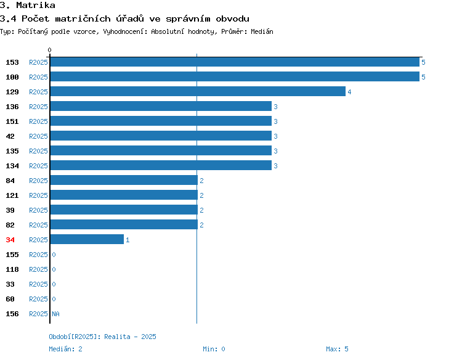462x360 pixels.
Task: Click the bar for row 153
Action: (235, 62)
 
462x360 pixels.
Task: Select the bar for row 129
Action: (198, 91)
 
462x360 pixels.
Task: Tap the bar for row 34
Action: (87, 239)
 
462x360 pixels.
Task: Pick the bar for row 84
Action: (124, 180)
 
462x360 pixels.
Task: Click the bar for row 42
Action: (161, 136)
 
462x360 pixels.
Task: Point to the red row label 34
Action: (10, 240)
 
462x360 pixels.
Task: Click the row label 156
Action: (12, 314)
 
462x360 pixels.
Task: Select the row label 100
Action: (12, 77)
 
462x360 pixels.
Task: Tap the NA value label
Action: (55, 314)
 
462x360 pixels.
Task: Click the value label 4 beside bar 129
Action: (349, 92)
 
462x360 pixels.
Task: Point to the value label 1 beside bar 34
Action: (128, 240)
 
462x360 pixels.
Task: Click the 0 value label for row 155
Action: (54, 255)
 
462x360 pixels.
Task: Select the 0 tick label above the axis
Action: (49, 50)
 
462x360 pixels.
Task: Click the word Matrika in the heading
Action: (36, 6)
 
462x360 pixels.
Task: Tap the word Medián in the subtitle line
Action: (262, 31)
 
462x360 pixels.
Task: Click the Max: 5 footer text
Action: (337, 349)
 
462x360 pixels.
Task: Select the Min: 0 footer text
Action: (214, 349)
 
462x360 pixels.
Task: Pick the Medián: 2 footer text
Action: (65, 349)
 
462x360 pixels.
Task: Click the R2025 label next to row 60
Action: (38, 299)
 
